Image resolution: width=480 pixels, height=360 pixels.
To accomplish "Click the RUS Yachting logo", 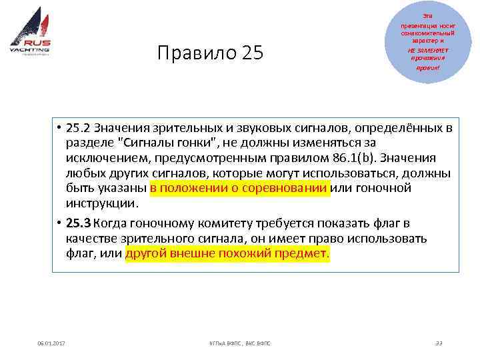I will [31, 36].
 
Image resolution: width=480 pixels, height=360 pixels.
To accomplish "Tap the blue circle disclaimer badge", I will [427, 41].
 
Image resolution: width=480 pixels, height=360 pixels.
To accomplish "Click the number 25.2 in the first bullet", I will [79, 128].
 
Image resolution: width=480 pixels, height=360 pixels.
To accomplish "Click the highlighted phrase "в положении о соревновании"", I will [240, 187].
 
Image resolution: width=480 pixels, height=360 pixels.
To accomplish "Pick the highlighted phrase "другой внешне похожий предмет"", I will [227, 254].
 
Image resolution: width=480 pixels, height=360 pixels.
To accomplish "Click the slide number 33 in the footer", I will [438, 343].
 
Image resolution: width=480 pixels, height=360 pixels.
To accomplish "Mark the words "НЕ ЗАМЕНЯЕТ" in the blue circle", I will [427, 49].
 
